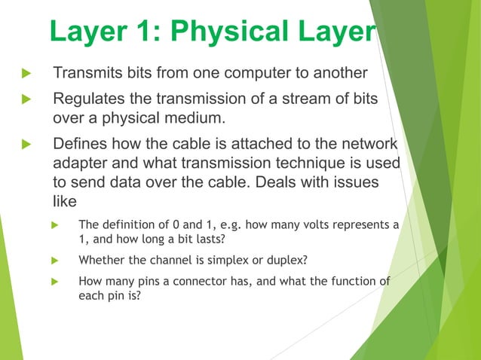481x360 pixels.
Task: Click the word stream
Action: coord(311,100)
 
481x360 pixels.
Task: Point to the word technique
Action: coord(297,163)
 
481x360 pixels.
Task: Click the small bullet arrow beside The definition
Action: coord(54,224)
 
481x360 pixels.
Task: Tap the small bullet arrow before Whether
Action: coord(54,261)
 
